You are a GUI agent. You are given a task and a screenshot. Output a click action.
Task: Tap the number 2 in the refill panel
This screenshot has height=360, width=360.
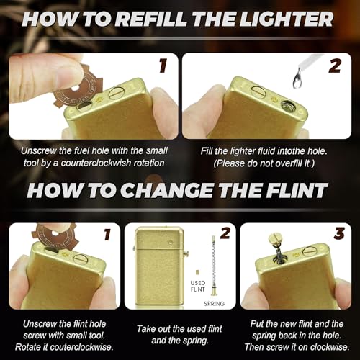point(335,66)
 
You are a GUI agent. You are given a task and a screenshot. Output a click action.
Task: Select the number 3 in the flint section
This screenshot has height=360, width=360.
point(339,233)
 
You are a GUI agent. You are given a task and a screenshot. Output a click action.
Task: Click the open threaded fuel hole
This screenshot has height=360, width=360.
point(288,105)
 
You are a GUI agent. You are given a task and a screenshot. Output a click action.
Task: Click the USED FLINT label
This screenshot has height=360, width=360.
point(198,286)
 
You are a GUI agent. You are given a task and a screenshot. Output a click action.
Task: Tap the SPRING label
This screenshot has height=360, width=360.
point(214,304)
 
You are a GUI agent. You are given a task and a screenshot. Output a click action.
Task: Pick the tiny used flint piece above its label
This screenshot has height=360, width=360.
point(197,272)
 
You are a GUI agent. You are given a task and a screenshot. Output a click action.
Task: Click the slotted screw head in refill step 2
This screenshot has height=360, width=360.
point(258,91)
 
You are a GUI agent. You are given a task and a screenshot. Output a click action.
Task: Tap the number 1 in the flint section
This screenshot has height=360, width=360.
point(107,234)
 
